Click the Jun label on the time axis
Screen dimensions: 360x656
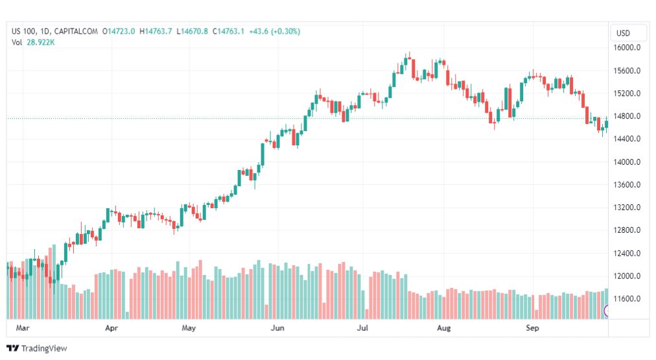pos(277,328)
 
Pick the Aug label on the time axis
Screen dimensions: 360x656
pos(443,328)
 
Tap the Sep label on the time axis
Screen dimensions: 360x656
pos(532,328)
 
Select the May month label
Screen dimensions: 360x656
pos(189,328)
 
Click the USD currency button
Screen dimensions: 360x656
pos(624,33)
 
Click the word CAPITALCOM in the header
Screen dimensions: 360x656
pos(76,31)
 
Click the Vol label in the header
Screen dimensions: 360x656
pos(17,42)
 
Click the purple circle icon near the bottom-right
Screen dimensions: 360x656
pos(607,311)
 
